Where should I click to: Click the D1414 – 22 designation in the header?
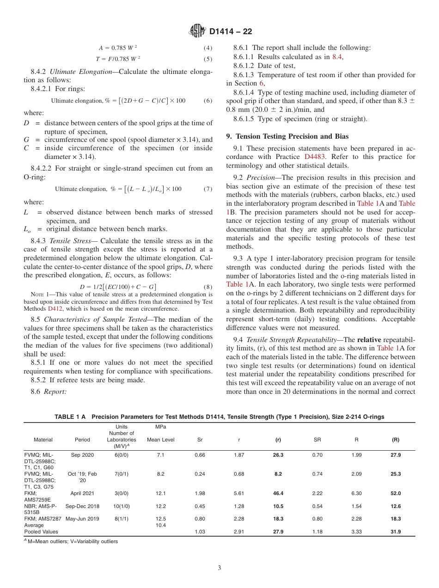coord(230,32)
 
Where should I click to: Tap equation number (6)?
coord(207,101)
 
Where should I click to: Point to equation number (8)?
coord(207,287)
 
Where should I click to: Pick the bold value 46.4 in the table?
coord(278,493)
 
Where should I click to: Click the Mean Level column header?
coord(160,440)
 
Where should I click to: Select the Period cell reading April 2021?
coord(82,493)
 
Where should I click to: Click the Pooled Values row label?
coord(41,532)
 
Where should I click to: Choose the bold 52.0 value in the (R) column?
coord(396,493)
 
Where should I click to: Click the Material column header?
coord(43,440)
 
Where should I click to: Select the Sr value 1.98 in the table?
coord(200,493)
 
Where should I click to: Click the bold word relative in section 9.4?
coord(372,340)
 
